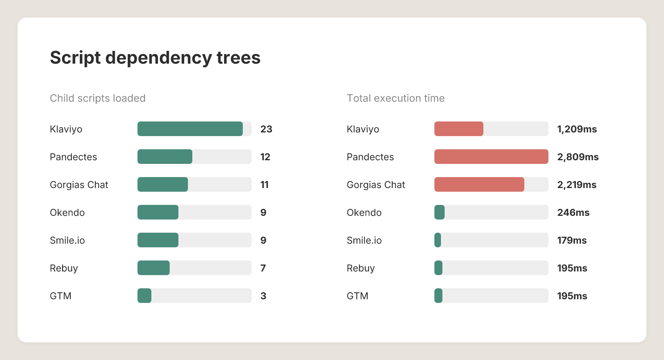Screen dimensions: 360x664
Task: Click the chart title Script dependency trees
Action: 155,58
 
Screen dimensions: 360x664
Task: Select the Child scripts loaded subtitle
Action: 98,98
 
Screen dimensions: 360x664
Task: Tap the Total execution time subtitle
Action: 396,98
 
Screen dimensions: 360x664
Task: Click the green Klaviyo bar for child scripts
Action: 190,129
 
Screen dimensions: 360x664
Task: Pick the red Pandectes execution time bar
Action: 491,157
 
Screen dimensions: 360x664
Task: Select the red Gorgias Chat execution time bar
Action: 479,184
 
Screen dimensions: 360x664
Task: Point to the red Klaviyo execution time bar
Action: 459,129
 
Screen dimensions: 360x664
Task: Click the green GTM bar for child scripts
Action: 144,296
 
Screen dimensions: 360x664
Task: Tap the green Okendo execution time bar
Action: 439,212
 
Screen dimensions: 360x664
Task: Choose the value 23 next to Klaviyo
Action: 266,129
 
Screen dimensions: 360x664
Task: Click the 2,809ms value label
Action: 578,157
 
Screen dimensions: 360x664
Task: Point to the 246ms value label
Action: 573,213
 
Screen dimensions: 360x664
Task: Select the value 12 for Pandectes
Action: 265,157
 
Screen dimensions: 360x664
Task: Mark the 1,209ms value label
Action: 577,129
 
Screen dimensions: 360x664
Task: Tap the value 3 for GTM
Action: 263,296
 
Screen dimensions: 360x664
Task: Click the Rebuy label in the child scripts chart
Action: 64,268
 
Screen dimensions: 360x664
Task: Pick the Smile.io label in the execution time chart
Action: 364,240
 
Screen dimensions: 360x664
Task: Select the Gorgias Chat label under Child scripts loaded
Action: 79,185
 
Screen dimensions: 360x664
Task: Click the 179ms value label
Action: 572,240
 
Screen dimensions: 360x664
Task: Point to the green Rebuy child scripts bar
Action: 154,268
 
